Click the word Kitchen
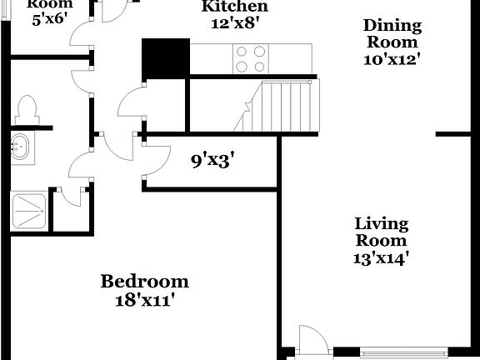point(236,7)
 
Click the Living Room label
point(382,232)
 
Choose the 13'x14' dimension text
point(382,257)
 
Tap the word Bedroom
point(145,282)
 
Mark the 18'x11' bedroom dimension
point(145,300)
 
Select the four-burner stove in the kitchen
point(249,58)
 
